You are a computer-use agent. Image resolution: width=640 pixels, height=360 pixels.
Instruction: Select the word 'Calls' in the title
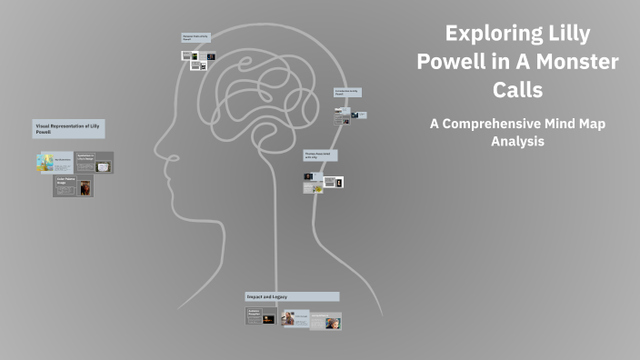517,91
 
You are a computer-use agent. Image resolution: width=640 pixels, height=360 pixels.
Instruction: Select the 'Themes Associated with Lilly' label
320,156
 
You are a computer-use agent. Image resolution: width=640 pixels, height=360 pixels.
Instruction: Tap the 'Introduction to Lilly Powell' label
349,93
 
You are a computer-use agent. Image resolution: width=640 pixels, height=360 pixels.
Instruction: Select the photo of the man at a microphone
288,319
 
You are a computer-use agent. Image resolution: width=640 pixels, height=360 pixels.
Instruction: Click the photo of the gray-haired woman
333,322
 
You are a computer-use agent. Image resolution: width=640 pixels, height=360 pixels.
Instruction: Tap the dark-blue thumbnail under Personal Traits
210,56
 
